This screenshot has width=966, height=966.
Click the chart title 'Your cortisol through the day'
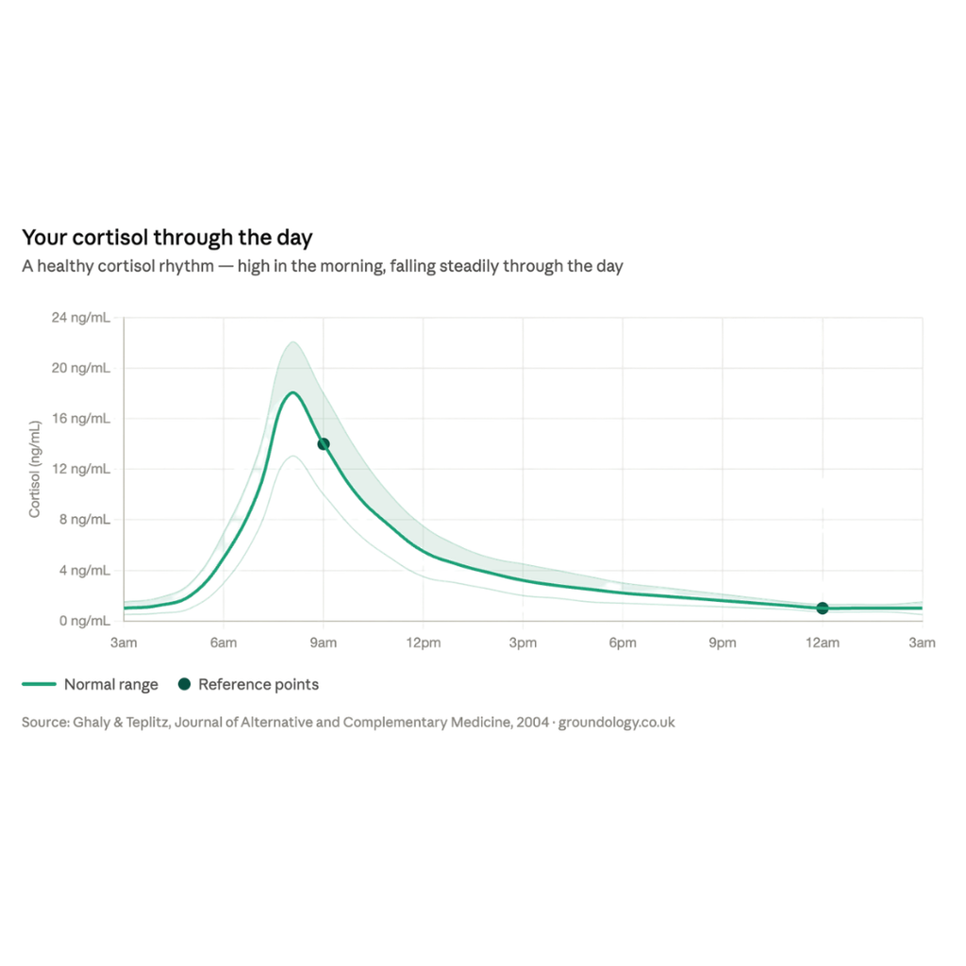[167, 238]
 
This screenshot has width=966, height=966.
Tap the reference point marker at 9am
[324, 443]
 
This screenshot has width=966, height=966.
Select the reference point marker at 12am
[823, 608]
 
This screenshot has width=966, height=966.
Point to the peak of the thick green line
[292, 392]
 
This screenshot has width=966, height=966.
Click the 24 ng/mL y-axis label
[81, 318]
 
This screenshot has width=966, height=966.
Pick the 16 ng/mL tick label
[81, 419]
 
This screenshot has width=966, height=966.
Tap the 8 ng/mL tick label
[85, 520]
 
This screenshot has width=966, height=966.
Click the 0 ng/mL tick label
[85, 621]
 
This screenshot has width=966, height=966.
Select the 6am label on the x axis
[224, 643]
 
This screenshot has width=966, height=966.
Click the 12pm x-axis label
[424, 643]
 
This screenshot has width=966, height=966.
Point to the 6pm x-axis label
[623, 643]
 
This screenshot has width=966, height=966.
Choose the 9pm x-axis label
[723, 643]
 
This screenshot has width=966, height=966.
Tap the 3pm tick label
[523, 643]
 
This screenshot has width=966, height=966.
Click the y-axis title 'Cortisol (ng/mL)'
[35, 469]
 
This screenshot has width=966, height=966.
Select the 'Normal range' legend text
[111, 685]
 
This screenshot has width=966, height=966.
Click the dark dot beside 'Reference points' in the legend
[184, 684]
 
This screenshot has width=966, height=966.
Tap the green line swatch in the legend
[39, 684]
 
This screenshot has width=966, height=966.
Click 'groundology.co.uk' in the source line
[617, 722]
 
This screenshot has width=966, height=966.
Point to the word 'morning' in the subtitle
[352, 267]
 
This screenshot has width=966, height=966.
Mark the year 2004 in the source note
[532, 722]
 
